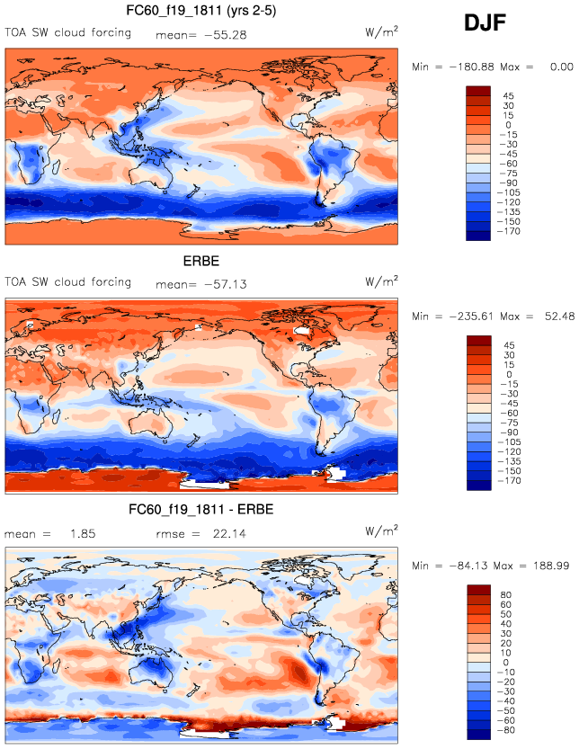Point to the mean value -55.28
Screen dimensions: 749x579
(221, 35)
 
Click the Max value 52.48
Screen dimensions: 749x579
(555, 316)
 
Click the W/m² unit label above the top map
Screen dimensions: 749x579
(381, 32)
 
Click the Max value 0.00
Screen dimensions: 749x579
(561, 67)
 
